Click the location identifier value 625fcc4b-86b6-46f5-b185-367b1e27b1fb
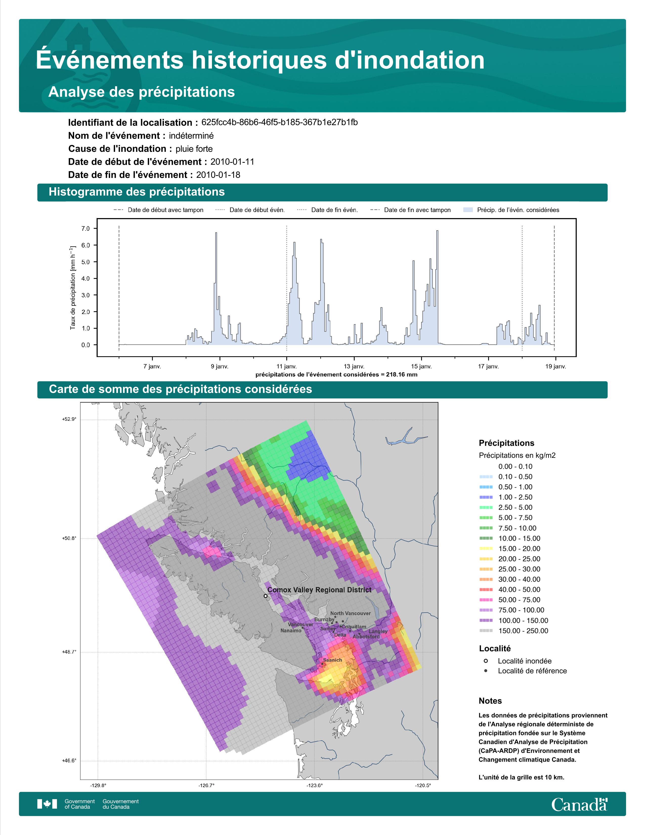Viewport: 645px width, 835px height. click(279, 122)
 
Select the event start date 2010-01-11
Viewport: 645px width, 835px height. click(232, 162)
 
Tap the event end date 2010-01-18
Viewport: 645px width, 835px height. click(218, 175)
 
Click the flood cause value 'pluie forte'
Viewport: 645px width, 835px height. click(194, 149)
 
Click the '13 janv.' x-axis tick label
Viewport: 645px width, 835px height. click(354, 366)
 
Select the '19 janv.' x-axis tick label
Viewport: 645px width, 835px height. click(556, 366)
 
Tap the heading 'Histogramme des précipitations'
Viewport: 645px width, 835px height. click(137, 192)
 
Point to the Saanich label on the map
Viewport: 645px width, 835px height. click(332, 660)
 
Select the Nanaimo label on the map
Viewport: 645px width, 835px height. click(291, 631)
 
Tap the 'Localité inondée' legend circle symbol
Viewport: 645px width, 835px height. click(486, 661)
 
